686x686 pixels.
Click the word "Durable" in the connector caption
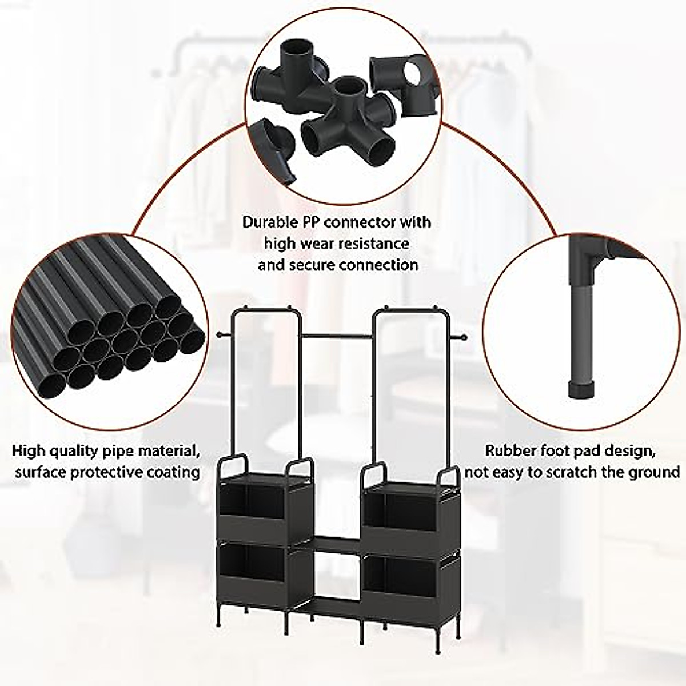point(269,222)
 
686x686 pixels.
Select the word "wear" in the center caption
point(322,244)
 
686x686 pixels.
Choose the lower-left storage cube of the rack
point(253,579)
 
